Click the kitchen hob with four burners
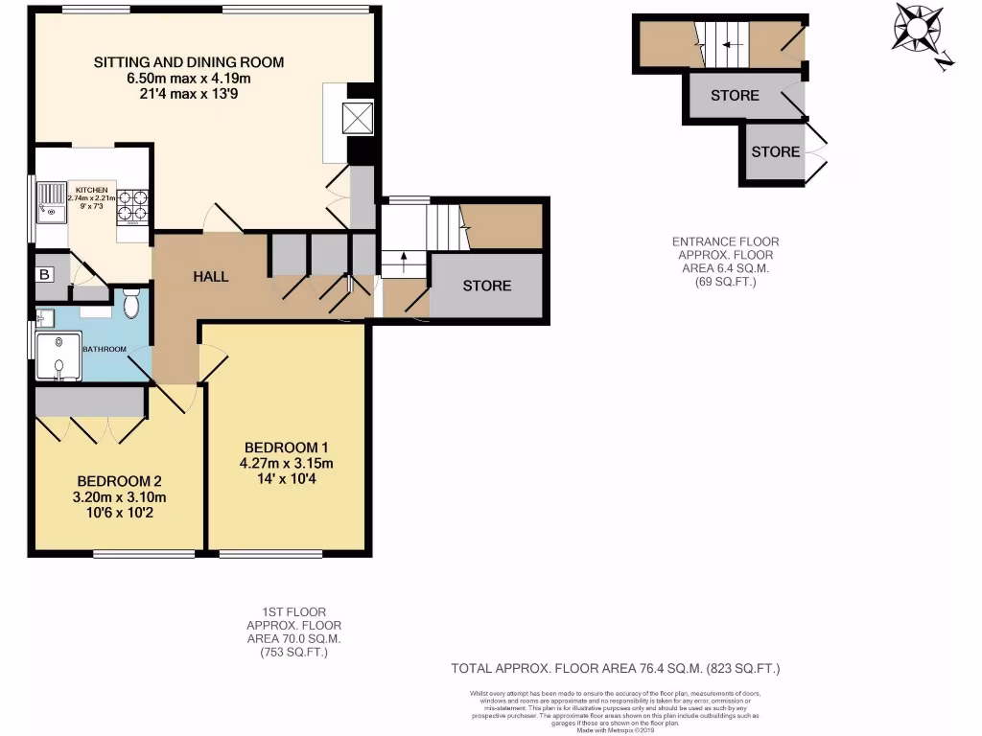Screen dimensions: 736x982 pyautogui.click(x=132, y=207)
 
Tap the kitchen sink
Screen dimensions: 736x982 pyautogui.click(x=49, y=204)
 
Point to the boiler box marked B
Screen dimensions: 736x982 pyautogui.click(x=44, y=273)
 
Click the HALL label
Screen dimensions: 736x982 pyautogui.click(x=211, y=277)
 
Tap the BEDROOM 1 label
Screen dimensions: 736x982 pyautogui.click(x=287, y=448)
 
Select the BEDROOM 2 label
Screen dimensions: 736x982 pyautogui.click(x=120, y=481)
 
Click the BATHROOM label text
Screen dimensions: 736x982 pyautogui.click(x=104, y=349)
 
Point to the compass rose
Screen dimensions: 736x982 pyautogui.click(x=918, y=30)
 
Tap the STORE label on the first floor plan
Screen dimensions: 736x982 pyautogui.click(x=487, y=286)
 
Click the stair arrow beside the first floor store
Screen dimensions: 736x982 pyautogui.click(x=403, y=258)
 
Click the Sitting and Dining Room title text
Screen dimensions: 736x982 pyautogui.click(x=189, y=62)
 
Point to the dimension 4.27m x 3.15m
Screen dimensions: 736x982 pyautogui.click(x=287, y=464)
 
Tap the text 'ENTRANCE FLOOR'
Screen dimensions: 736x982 pyautogui.click(x=726, y=241)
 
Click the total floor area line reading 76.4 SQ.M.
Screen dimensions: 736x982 pyautogui.click(x=622, y=668)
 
